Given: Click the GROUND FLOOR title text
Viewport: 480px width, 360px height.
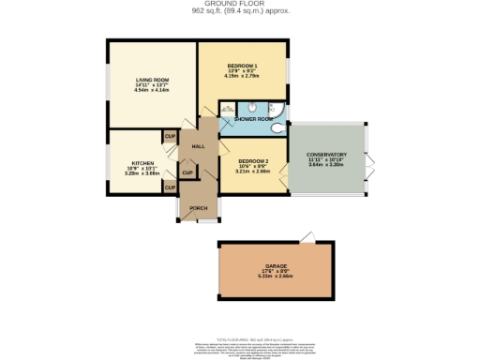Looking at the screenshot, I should point(241,5).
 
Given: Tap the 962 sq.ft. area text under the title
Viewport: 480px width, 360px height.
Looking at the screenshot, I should point(241,12).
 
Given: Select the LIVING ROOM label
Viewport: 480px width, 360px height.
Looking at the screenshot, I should point(152,80).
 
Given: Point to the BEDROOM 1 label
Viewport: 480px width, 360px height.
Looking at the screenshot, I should point(242,65).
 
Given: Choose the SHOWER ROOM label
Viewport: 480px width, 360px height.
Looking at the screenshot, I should point(253,120).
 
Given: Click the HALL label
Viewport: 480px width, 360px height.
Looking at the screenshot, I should point(198,147).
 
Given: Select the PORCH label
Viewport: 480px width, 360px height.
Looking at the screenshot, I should point(198,208).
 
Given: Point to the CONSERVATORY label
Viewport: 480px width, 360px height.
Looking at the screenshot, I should point(327,154).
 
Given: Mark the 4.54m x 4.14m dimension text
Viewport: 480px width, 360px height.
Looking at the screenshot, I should point(152,92).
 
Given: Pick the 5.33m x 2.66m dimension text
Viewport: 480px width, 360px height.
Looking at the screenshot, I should point(276,277).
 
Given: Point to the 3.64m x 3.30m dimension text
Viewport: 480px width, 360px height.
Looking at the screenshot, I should point(327,166).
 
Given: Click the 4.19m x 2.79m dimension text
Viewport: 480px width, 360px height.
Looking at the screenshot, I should point(242,76).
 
